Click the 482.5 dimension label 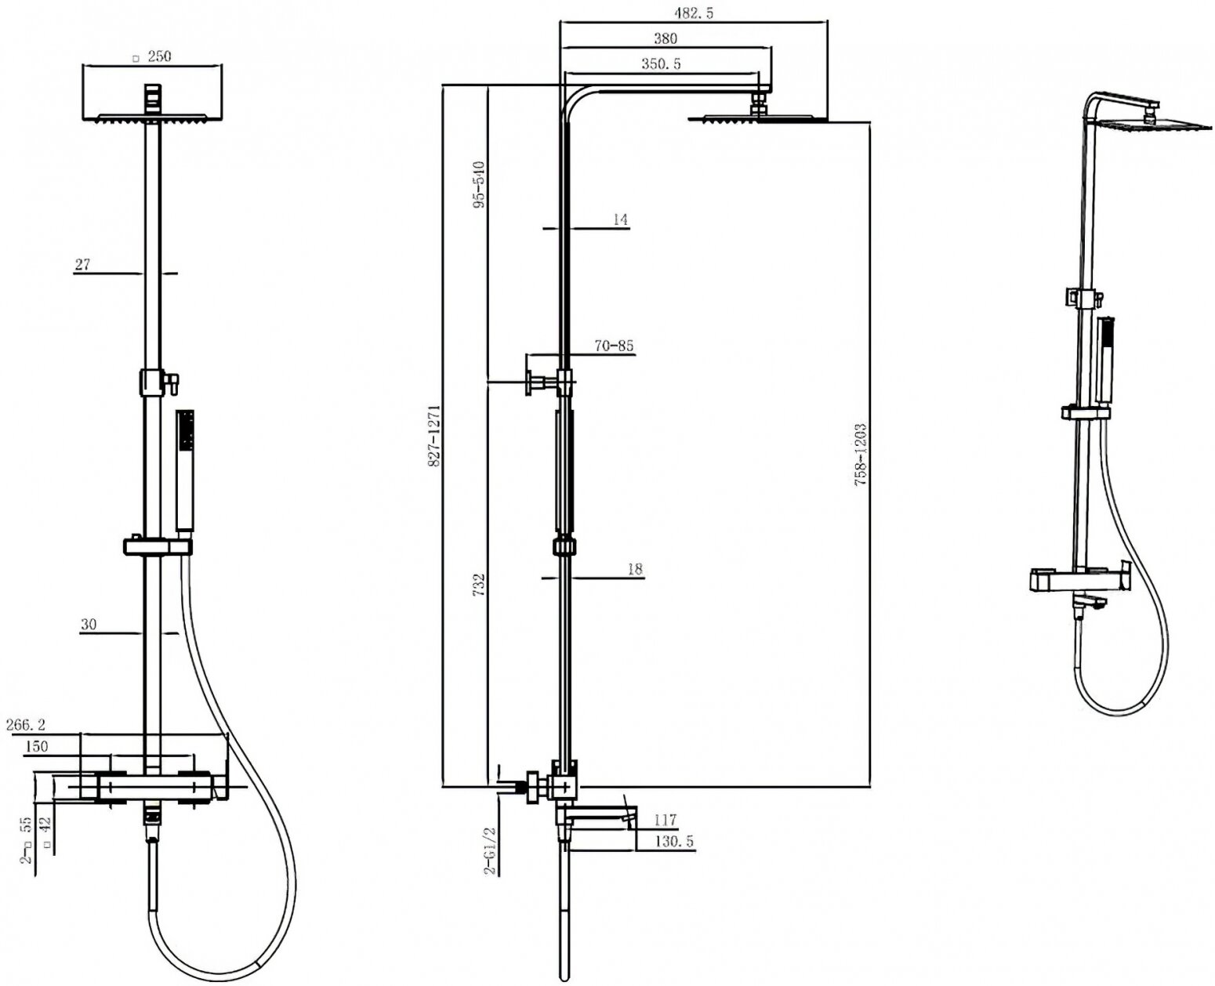[x=694, y=13]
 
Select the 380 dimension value [x=665, y=38]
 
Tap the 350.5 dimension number [x=661, y=64]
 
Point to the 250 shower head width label [x=158, y=56]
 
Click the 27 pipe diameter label [x=82, y=265]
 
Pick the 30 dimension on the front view [x=88, y=625]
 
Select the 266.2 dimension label [x=26, y=725]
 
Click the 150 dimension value [x=36, y=746]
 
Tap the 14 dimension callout [x=620, y=219]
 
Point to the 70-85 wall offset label [x=614, y=346]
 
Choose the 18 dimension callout [x=635, y=570]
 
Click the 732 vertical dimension [x=479, y=585]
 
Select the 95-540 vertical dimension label [x=480, y=184]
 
